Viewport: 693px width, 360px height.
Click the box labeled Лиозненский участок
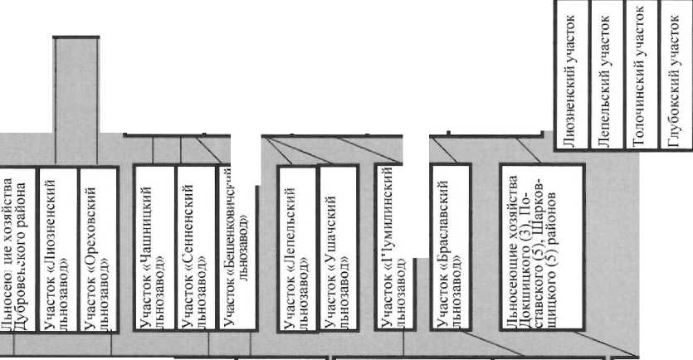pyautogui.click(x=571, y=75)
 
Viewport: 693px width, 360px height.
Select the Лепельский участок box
pyautogui.click(x=606, y=75)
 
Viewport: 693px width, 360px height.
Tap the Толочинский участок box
pyautogui.click(x=640, y=75)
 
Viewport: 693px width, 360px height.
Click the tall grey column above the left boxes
pyautogui.click(x=77, y=100)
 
